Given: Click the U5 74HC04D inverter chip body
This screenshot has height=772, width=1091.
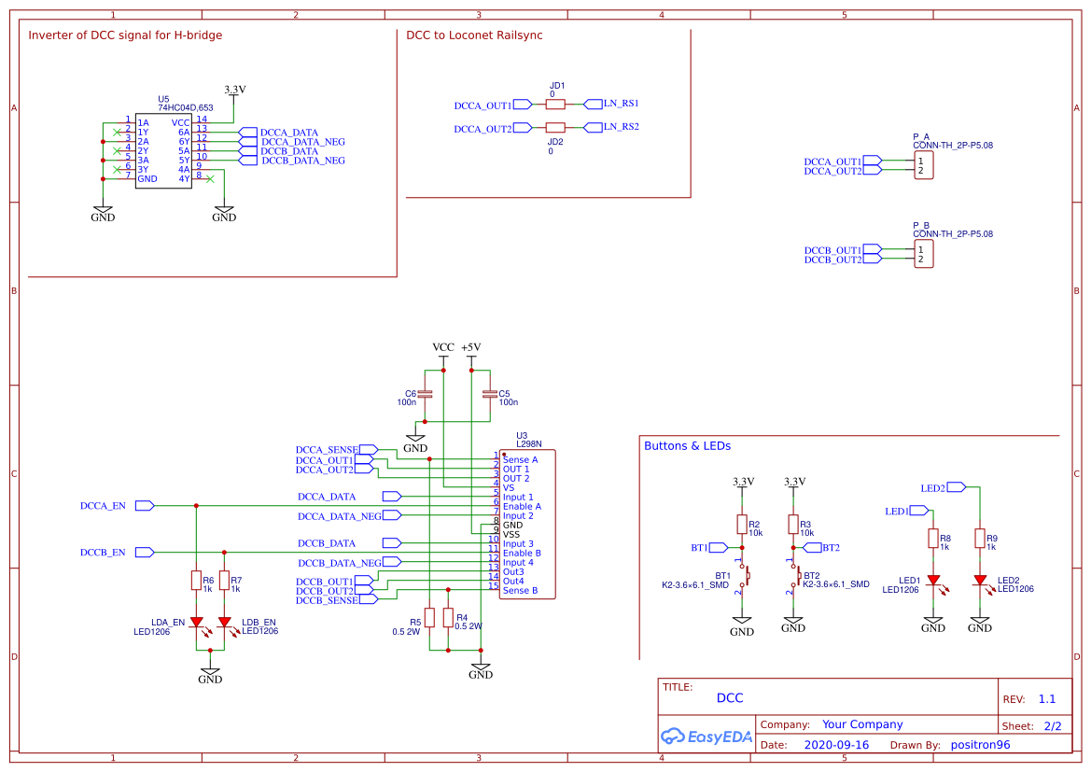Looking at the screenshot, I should click(163, 151).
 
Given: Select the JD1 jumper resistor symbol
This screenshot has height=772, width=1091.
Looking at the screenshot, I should click(555, 105).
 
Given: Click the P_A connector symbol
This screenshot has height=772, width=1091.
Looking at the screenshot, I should click(923, 166).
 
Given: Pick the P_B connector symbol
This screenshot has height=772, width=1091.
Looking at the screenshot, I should click(923, 254).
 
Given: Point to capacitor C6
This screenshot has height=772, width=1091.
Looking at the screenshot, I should click(426, 394).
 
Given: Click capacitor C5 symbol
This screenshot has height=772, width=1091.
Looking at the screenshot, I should click(489, 394).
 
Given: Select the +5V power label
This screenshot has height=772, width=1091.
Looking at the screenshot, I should click(470, 347).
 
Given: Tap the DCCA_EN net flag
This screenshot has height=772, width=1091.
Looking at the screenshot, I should click(145, 505).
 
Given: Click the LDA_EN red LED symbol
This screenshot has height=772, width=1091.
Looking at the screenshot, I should click(196, 622).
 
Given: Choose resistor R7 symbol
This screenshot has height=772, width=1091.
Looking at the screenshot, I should click(224, 581).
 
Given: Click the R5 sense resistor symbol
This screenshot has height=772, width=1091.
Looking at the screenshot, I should click(429, 617).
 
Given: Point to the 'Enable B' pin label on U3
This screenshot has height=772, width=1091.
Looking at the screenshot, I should click(522, 553).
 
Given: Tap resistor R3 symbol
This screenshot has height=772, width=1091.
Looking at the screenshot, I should click(793, 523).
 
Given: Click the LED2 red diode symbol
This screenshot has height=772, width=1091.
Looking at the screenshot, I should click(980, 580).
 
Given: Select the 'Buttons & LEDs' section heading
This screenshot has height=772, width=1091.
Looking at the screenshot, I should click(687, 446).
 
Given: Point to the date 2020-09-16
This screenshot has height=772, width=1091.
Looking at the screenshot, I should click(836, 745).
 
